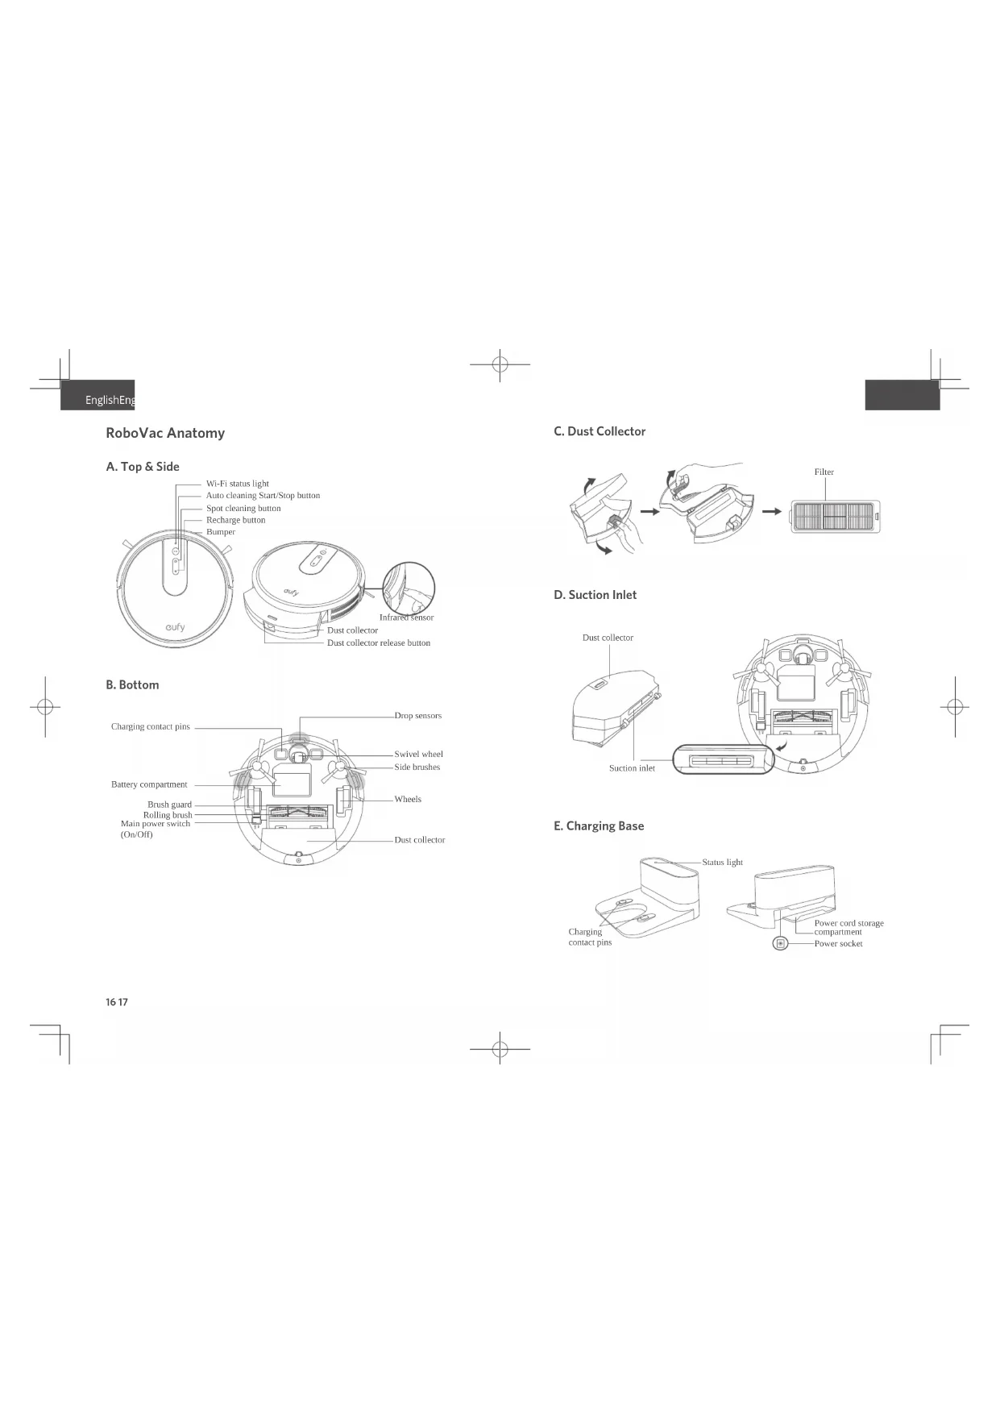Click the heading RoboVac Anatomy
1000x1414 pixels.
[165, 433]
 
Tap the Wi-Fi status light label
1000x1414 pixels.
[238, 484]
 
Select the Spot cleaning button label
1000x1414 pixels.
[243, 508]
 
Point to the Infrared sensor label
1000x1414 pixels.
[406, 618]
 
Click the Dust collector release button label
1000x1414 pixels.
[379, 643]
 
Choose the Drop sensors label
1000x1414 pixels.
[418, 715]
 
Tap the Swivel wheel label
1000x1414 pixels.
[419, 754]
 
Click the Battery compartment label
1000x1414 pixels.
[149, 784]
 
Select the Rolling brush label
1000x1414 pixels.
[168, 815]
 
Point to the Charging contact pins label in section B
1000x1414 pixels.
[151, 726]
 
